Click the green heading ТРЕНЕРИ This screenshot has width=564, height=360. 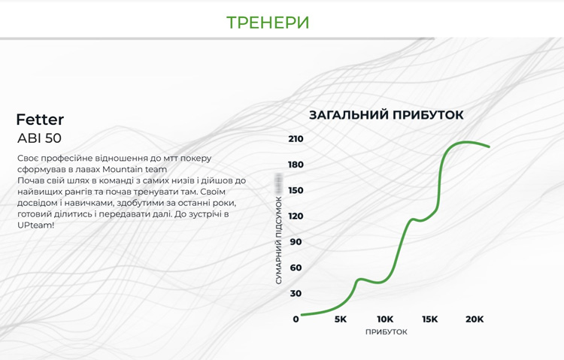click(x=268, y=22)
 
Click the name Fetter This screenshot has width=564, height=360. click(x=40, y=119)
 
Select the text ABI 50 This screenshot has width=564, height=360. click(x=39, y=138)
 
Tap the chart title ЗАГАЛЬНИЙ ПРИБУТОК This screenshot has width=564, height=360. click(x=387, y=115)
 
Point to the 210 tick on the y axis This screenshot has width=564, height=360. click(x=295, y=139)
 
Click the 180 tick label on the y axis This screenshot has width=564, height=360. click(x=295, y=165)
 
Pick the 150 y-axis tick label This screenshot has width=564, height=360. click(x=295, y=190)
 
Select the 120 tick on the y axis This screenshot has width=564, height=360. click(x=295, y=216)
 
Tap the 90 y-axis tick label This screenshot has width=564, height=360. click(x=295, y=242)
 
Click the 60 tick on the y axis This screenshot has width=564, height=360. click(x=295, y=268)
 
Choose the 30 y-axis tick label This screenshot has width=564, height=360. click(x=295, y=293)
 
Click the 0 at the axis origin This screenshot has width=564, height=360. click(x=296, y=319)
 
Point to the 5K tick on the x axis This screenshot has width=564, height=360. click(x=341, y=319)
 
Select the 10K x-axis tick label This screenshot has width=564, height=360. click(x=385, y=319)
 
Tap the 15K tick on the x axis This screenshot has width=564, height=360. click(x=429, y=319)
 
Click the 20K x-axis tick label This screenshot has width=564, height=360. click(x=475, y=319)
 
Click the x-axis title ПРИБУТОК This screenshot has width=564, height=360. click(x=387, y=332)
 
